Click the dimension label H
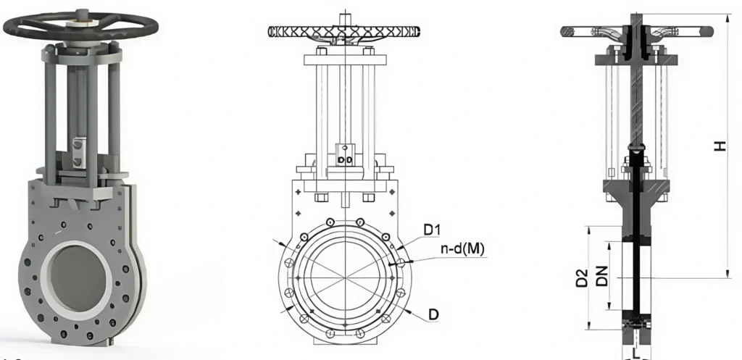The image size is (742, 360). pos(720,146)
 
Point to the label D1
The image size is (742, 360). pos(433,230)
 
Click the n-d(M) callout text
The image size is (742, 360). pos(462,250)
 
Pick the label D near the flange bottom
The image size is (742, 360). pos(433,314)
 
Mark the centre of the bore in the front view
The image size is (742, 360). pos(345,272)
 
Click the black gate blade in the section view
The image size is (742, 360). pos(635,239)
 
